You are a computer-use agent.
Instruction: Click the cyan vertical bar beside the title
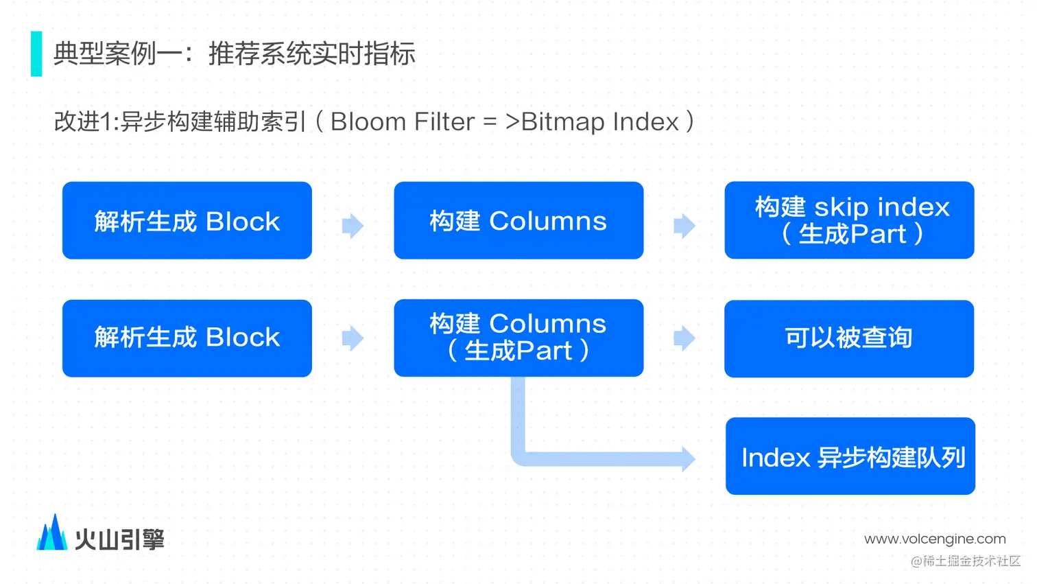point(36,54)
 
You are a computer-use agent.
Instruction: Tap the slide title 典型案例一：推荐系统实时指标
point(235,54)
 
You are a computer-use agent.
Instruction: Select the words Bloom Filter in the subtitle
point(403,121)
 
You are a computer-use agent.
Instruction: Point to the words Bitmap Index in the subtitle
point(600,121)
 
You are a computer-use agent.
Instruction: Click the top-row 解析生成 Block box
point(187,220)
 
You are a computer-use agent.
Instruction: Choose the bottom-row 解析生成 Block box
point(187,338)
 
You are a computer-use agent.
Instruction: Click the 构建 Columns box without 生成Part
point(518,220)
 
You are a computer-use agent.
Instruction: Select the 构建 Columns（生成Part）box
point(518,338)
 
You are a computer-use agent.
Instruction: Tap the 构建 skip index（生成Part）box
point(850,220)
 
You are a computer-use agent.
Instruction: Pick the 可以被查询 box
point(850,338)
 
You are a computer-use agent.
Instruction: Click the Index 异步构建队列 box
point(850,456)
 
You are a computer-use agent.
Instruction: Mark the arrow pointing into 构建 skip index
point(684,226)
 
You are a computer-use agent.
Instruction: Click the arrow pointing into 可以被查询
point(684,338)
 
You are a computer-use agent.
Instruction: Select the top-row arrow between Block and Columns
point(353,226)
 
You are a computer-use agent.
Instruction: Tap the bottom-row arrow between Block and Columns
point(353,338)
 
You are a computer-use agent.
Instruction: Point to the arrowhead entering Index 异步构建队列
point(689,459)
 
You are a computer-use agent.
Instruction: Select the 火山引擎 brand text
point(120,539)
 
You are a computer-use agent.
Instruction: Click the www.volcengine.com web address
point(935,539)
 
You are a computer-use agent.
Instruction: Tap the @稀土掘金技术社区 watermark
point(966,561)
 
